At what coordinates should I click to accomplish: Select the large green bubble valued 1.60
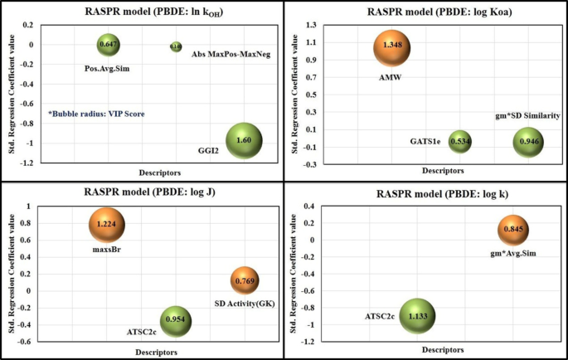click(245, 142)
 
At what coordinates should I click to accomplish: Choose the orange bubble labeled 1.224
click(107, 225)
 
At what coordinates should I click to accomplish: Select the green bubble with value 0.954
click(176, 320)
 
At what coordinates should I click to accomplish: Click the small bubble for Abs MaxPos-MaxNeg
click(176, 47)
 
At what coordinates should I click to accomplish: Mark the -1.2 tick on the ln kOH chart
click(27, 163)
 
